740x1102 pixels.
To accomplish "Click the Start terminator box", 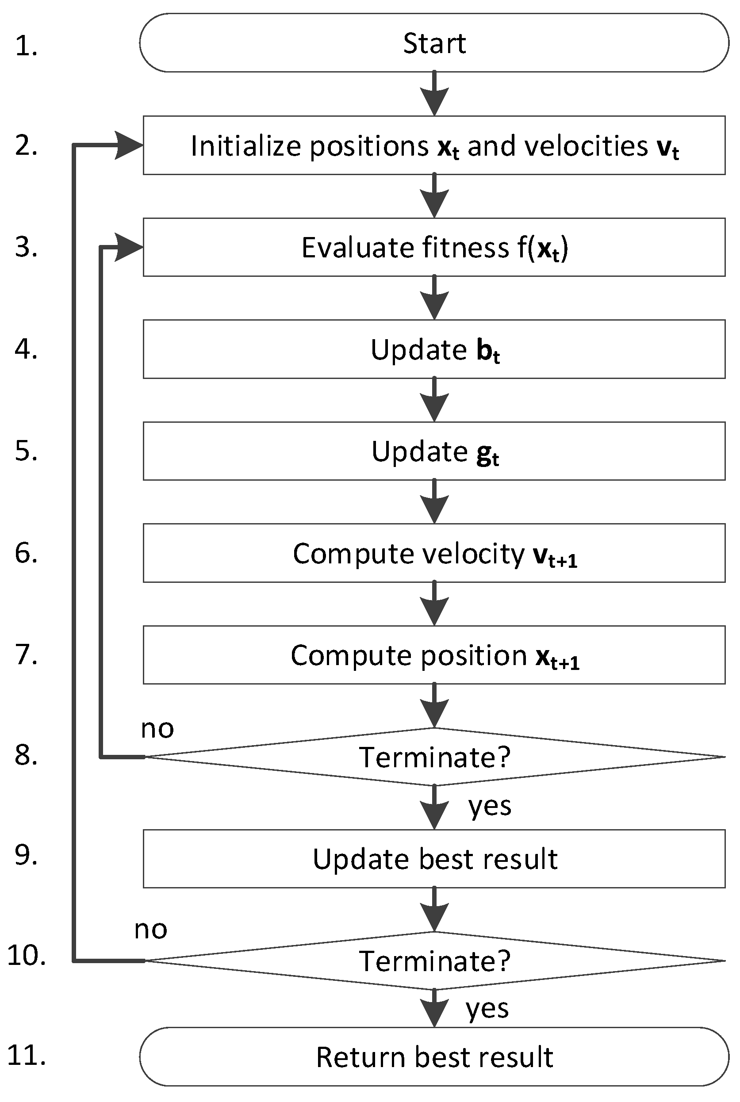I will (434, 42).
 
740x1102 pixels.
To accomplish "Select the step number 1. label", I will (27, 46).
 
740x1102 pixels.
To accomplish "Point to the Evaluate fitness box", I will (434, 247).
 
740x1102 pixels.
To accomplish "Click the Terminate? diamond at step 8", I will (434, 757).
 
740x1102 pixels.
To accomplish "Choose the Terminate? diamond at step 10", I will (434, 960).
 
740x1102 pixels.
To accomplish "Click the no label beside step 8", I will (157, 729).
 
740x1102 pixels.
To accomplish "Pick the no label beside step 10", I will (150, 930).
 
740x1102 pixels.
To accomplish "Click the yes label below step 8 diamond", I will (489, 807).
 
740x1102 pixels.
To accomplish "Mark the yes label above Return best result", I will (487, 1010).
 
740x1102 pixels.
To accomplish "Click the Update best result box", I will (434, 859).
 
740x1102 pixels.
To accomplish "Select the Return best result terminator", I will (434, 1057).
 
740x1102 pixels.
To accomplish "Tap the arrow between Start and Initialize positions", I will (434, 94).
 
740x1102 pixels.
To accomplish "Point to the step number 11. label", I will (27, 1056).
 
